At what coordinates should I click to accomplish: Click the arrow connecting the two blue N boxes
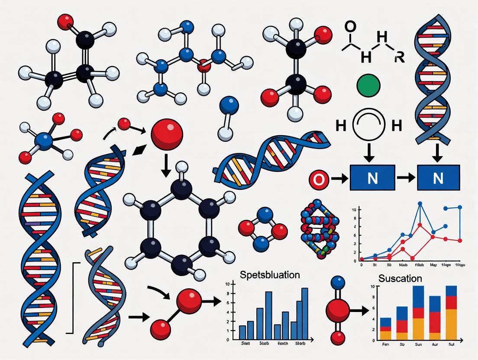[406, 178]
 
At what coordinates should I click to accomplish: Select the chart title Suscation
[400, 278]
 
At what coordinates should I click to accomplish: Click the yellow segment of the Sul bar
[451, 324]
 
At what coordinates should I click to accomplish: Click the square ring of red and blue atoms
[263, 229]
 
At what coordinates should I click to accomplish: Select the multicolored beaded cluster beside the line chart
[321, 229]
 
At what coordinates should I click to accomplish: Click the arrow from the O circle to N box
[339, 179]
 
